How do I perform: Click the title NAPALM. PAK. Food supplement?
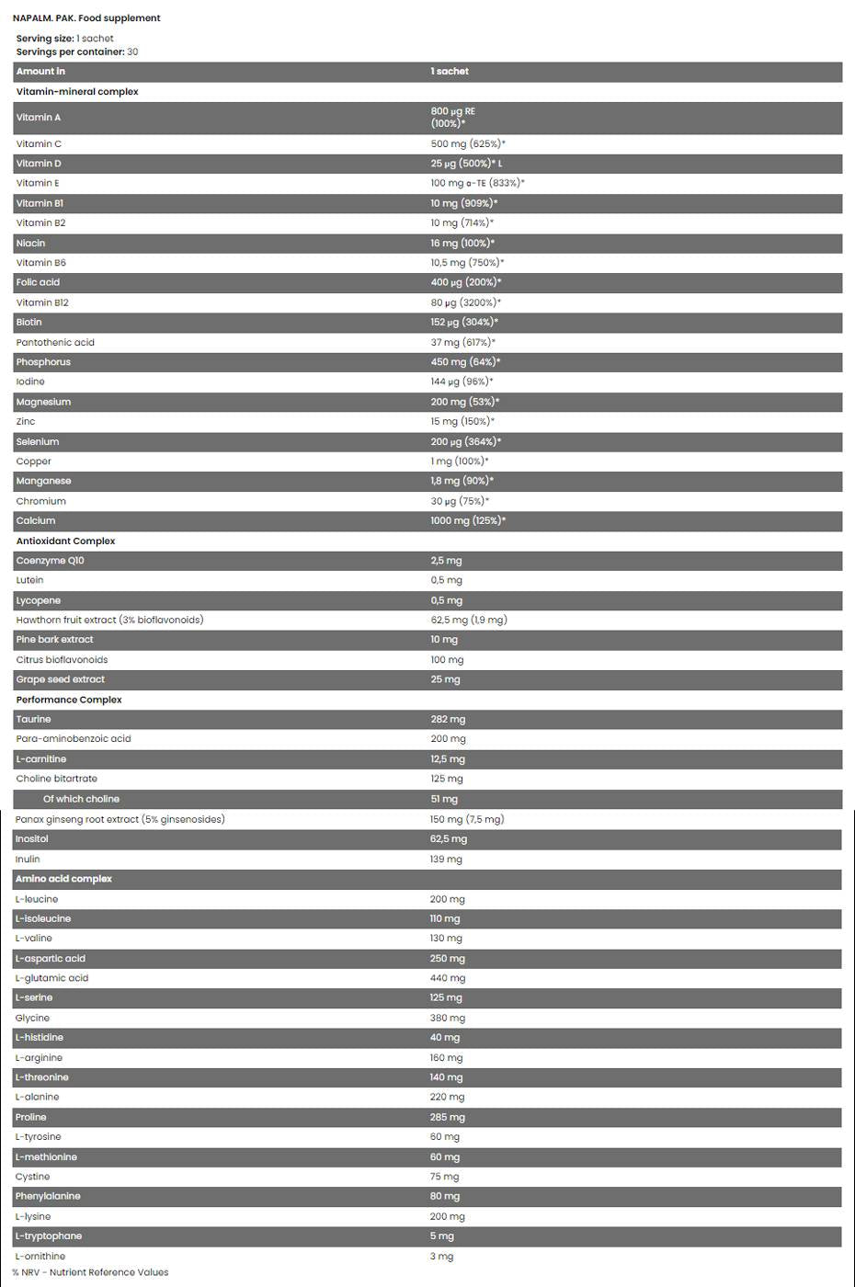click(86, 18)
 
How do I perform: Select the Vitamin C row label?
click(39, 144)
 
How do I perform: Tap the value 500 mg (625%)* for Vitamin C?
click(468, 144)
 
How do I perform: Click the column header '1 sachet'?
click(450, 72)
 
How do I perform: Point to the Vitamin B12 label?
click(42, 302)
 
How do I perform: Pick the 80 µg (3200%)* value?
click(466, 302)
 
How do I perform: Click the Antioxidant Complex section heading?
click(65, 541)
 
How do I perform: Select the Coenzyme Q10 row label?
click(50, 561)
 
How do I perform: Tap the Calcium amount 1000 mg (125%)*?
click(468, 521)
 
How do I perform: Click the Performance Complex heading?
click(69, 700)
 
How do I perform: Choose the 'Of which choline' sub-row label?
click(81, 800)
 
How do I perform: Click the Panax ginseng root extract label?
click(120, 820)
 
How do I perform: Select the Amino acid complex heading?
click(63, 880)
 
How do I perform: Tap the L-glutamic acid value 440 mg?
click(448, 979)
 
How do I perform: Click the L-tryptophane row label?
click(49, 1236)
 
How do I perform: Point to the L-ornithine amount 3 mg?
click(441, 1257)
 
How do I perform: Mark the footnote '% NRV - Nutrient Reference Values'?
click(90, 1273)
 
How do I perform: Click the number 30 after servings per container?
click(132, 52)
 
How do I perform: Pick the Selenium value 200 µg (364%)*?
click(466, 442)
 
